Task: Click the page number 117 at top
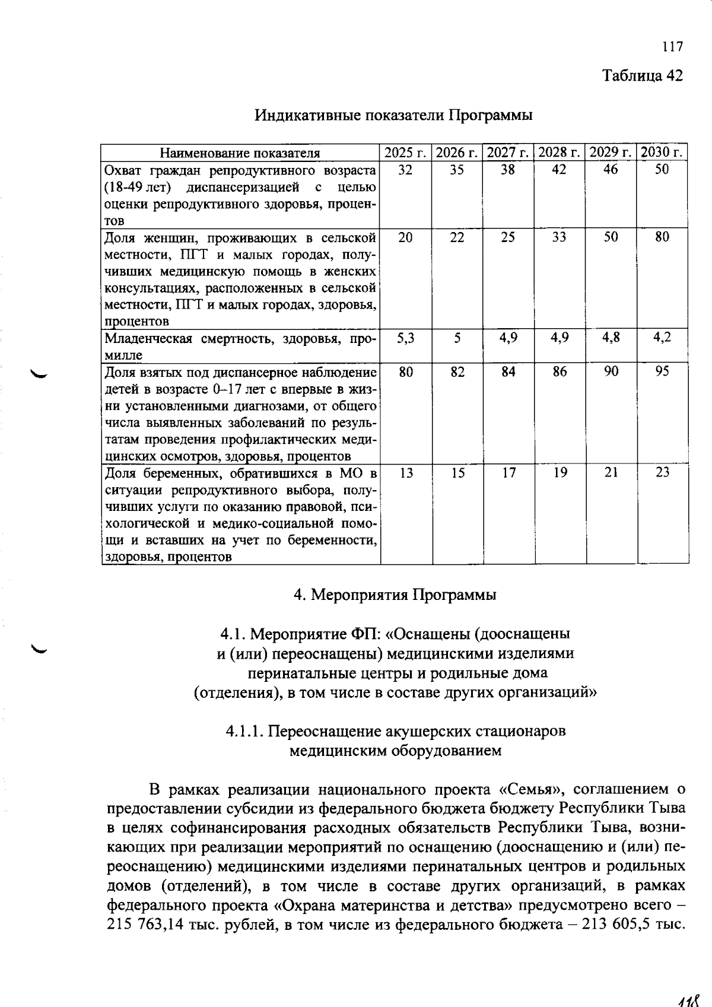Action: coord(673,46)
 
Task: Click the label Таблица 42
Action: coord(643,75)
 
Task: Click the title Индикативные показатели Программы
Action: coord(393,115)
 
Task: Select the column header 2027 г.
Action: coord(508,153)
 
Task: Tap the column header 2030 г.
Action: coord(663,153)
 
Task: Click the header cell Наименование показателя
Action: coord(240,153)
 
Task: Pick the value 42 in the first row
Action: coord(559,170)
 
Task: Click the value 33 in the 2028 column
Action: coord(559,237)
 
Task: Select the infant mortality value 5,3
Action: coord(405,338)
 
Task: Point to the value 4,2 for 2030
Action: coord(662,338)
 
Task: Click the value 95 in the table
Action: coord(662,371)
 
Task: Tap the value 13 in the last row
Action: coord(406,472)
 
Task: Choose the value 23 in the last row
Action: coord(662,472)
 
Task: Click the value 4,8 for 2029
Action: coord(611,338)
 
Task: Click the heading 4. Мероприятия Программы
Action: coord(395,595)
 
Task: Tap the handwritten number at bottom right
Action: coord(689,999)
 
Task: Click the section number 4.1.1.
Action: coord(243,731)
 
